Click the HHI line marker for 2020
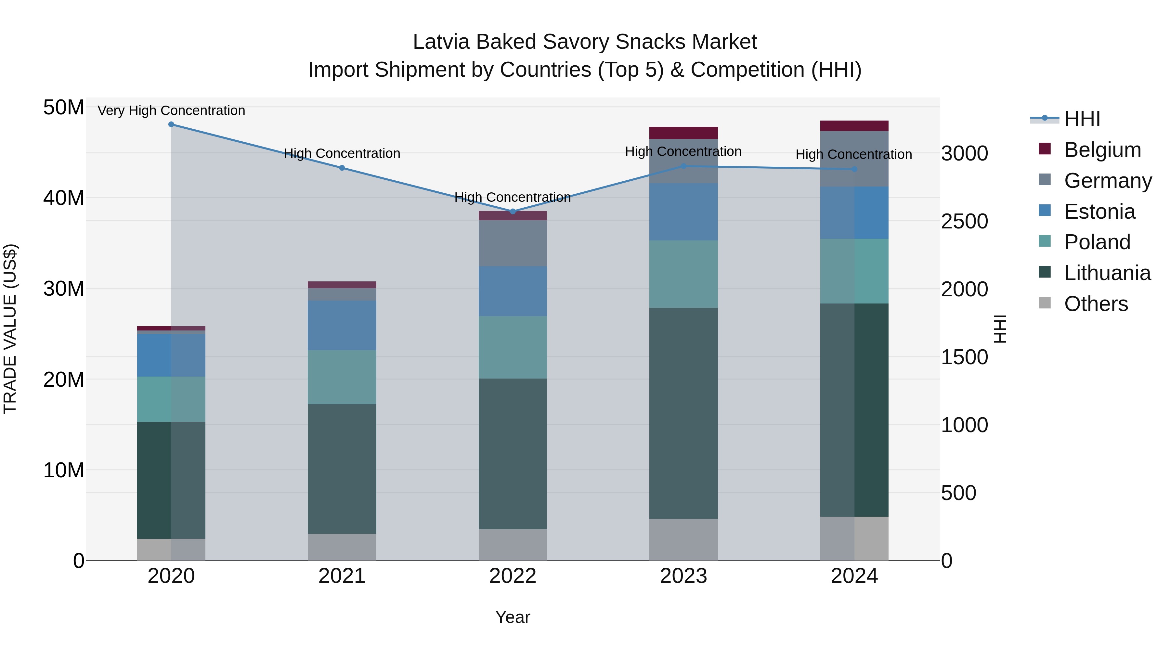click(171, 124)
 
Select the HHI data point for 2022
click(513, 212)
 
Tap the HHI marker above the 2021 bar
click(342, 168)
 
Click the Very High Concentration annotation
click(171, 111)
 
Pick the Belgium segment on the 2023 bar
click(683, 133)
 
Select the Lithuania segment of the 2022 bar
click(513, 454)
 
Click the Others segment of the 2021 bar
click(342, 547)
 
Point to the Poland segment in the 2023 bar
click(683, 274)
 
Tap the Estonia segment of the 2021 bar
click(342, 325)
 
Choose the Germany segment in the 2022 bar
click(513, 243)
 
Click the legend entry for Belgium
click(1102, 150)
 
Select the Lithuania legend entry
click(1107, 273)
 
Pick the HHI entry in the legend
click(1082, 119)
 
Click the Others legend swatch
click(1045, 303)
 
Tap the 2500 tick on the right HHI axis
click(964, 222)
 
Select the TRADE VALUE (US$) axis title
click(10, 329)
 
